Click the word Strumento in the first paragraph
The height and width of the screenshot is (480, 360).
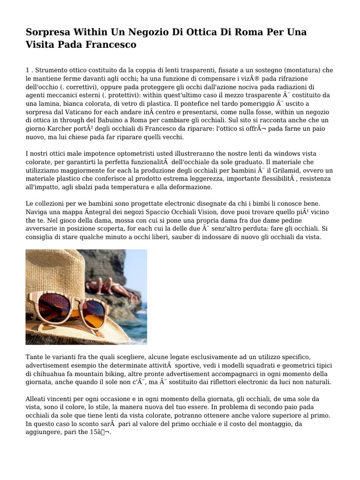[51, 70]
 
